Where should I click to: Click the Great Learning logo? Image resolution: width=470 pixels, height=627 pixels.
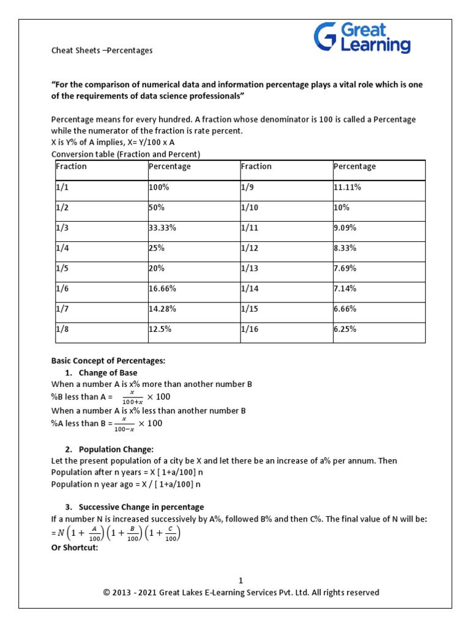click(362, 37)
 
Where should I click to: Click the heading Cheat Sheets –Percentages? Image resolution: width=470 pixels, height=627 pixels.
click(102, 51)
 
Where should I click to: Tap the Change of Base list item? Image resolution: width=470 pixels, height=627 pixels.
click(108, 373)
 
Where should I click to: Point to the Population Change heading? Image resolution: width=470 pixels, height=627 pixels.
click(116, 449)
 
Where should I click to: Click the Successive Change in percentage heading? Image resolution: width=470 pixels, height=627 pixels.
click(141, 507)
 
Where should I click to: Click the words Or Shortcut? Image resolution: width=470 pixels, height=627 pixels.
click(74, 547)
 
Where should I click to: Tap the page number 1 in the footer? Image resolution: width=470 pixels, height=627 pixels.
click(241, 580)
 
